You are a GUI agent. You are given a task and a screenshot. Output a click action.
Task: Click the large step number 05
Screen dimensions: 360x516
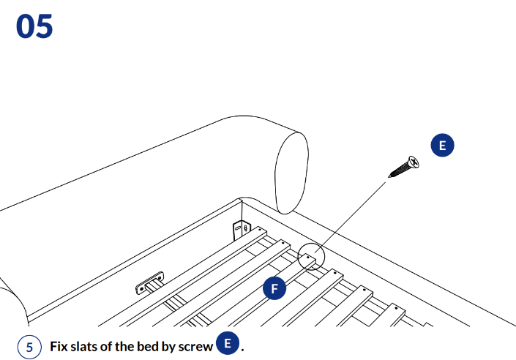pos(34,26)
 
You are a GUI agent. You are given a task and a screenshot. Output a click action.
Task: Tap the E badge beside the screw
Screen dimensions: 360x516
pos(441,145)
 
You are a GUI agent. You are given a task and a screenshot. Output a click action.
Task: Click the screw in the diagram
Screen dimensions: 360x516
pos(403,168)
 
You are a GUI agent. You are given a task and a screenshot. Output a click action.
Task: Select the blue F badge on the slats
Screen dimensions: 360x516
pos(274,288)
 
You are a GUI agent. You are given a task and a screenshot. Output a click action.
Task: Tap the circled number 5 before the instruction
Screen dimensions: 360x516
pos(29,346)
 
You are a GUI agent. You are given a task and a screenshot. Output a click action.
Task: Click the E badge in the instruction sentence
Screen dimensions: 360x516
pos(228,344)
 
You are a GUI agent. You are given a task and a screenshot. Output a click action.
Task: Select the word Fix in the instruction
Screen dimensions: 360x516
pos(59,346)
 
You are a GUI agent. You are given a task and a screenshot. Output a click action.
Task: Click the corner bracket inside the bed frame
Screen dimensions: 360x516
pos(241,230)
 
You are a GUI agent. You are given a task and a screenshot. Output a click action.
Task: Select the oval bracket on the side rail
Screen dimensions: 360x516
pos(150,284)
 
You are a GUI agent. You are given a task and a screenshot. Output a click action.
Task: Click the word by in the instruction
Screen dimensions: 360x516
pos(167,346)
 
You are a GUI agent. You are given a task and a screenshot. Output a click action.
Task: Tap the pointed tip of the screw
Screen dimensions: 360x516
pos(389,176)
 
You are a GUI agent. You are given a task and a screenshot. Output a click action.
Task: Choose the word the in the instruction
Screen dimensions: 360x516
pos(127,346)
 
